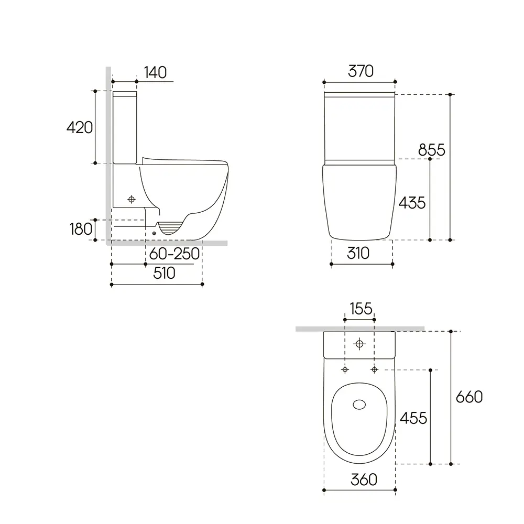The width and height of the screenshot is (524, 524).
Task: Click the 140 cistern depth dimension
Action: tap(156, 72)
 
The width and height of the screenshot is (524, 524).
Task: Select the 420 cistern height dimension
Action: tap(80, 128)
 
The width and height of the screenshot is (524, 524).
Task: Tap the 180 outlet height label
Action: tap(81, 230)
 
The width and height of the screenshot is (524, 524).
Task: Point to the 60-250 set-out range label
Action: tap(174, 254)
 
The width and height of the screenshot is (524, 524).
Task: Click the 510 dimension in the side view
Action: tap(164, 274)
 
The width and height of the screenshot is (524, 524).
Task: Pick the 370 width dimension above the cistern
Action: tap(361, 71)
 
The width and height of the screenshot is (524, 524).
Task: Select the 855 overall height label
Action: tap(432, 150)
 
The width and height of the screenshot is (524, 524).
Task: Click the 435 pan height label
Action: tap(412, 203)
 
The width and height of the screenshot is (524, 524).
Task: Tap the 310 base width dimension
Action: tap(358, 253)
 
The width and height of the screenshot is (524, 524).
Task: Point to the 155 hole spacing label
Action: tap(361, 309)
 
